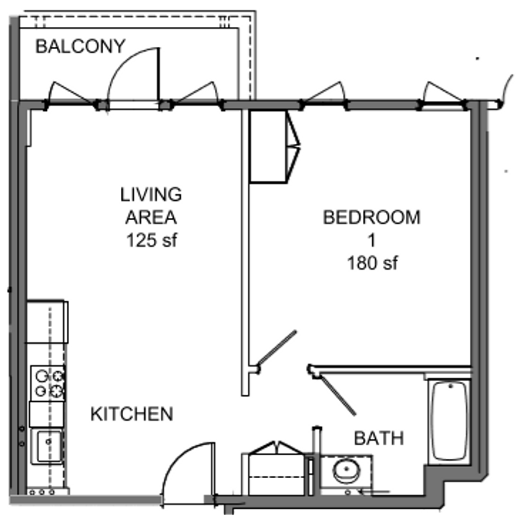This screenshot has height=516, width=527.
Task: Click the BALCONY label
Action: pos(80,46)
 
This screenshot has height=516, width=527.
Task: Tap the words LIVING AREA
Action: pos(151,206)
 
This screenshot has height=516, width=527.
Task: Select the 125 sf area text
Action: pos(151,240)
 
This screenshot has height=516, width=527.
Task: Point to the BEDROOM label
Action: pos(371,217)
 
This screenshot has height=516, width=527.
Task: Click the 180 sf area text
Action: pos(372,263)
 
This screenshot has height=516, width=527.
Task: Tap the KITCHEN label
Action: pos(132,414)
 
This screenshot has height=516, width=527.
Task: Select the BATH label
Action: pos(379,438)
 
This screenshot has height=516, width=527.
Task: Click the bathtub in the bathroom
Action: pos(449,420)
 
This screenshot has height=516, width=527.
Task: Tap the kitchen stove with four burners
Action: pos(48,383)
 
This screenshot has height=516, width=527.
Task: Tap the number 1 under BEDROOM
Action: pos(371,240)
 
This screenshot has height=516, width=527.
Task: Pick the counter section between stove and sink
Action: pos(47,414)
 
